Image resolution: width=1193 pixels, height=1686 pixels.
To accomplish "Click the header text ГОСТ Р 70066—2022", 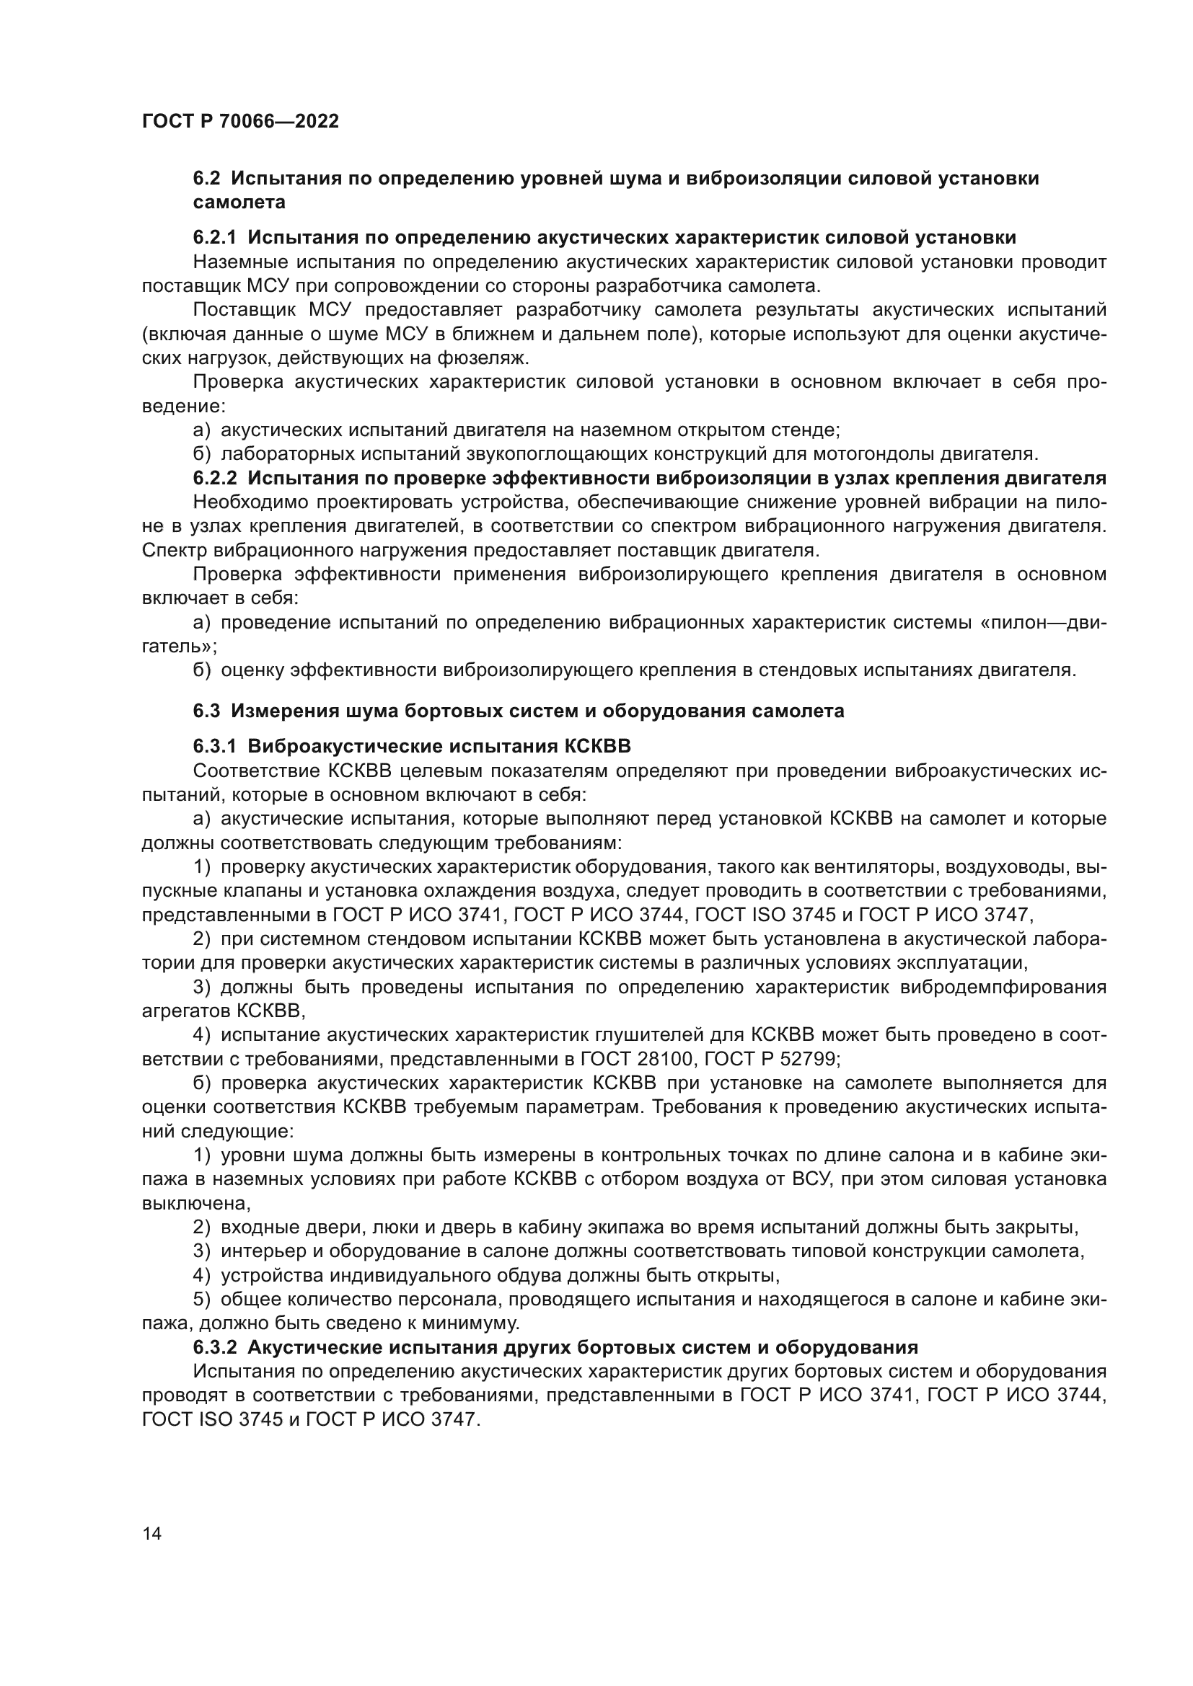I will click(240, 122).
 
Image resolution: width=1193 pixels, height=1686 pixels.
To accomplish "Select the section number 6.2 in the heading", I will click(206, 179).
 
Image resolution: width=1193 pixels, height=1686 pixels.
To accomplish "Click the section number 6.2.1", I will click(214, 237).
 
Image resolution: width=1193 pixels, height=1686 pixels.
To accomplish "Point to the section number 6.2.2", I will click(214, 478).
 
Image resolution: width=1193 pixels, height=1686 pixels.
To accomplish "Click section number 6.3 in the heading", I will click(206, 711).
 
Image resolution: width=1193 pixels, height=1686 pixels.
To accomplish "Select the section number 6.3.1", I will click(214, 747).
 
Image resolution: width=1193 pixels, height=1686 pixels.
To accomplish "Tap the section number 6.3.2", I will click(214, 1347).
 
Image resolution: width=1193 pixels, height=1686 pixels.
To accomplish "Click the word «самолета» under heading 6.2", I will click(239, 202).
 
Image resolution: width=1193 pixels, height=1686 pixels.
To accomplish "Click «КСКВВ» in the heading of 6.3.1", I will click(597, 747).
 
